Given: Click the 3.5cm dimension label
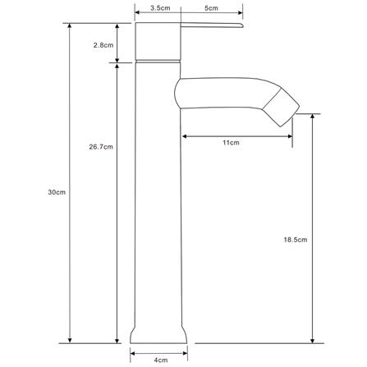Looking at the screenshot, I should click(160, 8).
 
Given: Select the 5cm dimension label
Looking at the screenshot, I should click(211, 8).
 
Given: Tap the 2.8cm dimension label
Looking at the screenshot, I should click(103, 45).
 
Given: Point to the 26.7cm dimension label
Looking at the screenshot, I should click(101, 147).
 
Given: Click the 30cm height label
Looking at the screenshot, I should click(57, 192).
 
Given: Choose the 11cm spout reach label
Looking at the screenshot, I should click(231, 143).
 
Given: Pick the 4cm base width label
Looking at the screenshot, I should click(162, 360).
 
